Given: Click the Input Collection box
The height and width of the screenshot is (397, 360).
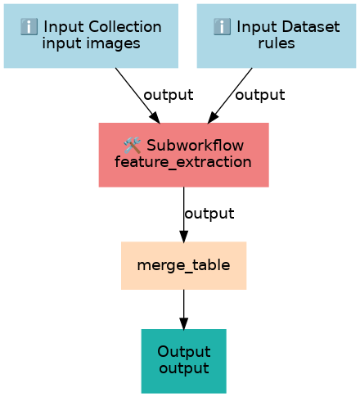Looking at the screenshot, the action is tap(91, 36).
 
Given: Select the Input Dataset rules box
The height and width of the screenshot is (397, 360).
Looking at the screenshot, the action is tap(277, 36).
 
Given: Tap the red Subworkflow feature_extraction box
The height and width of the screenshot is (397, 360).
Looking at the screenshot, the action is tap(184, 155).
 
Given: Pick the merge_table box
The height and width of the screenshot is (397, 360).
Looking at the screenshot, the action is tap(184, 265).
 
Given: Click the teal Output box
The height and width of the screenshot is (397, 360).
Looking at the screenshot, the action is tap(184, 361).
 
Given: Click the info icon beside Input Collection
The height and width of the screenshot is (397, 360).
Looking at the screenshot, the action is tap(29, 27).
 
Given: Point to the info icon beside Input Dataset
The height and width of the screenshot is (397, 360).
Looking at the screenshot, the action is tap(222, 27).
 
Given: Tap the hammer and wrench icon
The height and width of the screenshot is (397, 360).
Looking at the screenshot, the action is tap(133, 145).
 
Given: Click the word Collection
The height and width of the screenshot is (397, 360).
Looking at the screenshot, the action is tap(125, 27).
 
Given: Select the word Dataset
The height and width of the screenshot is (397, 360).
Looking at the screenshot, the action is tap(311, 27).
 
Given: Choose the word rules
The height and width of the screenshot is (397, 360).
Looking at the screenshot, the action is tap(277, 43).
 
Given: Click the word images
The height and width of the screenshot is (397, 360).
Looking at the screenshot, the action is tap(114, 43).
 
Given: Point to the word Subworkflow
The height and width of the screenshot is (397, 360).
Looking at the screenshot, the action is tap(196, 145).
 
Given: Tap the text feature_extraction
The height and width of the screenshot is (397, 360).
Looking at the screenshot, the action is tap(183, 162).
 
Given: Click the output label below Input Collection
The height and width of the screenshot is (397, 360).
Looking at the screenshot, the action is tap(169, 95).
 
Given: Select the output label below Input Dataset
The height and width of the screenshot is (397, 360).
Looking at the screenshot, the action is tap(260, 95).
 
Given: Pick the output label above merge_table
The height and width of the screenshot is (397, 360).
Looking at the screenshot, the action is tap(209, 214).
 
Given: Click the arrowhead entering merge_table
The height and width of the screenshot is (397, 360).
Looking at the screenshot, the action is tap(184, 237).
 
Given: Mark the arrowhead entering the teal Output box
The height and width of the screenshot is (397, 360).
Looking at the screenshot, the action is tap(184, 324).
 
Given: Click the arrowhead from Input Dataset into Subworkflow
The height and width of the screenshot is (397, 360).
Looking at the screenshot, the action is tap(213, 118).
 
